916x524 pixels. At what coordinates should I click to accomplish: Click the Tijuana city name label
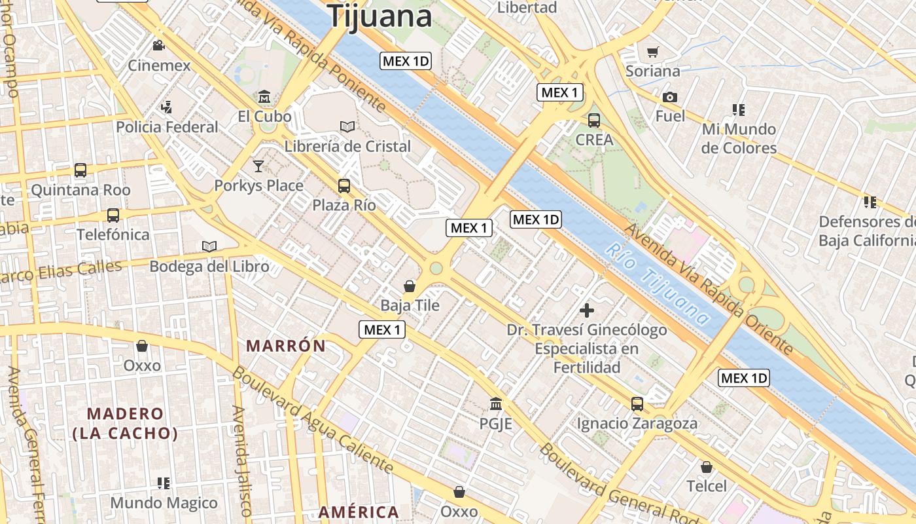(x=380, y=16)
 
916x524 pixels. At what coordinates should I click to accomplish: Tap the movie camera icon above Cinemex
(x=158, y=45)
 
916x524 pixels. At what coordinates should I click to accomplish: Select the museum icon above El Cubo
(x=264, y=96)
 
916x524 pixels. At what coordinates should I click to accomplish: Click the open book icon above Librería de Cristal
(x=347, y=126)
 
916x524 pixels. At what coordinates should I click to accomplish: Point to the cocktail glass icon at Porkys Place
(x=258, y=166)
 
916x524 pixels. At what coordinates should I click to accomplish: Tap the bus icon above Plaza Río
(x=344, y=185)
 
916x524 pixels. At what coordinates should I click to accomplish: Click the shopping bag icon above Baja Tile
(x=410, y=286)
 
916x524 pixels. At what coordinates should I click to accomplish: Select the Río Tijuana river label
(x=657, y=284)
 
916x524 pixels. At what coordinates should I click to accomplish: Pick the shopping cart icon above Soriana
(x=652, y=52)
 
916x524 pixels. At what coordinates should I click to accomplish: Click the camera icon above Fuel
(x=670, y=97)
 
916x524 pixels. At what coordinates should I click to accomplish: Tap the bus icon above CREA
(x=594, y=121)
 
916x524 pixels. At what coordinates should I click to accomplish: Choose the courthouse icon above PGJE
(x=496, y=403)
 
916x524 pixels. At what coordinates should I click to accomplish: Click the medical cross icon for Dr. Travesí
(x=587, y=310)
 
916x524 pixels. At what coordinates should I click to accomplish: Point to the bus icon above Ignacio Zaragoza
(x=637, y=403)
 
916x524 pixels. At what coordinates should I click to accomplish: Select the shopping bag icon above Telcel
(x=707, y=467)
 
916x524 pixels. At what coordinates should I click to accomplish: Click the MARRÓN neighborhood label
(x=285, y=346)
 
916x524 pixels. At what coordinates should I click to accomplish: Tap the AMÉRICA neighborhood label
(x=359, y=512)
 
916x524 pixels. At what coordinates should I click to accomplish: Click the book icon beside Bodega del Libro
(x=209, y=246)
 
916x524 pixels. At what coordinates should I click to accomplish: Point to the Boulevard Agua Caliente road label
(x=313, y=419)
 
